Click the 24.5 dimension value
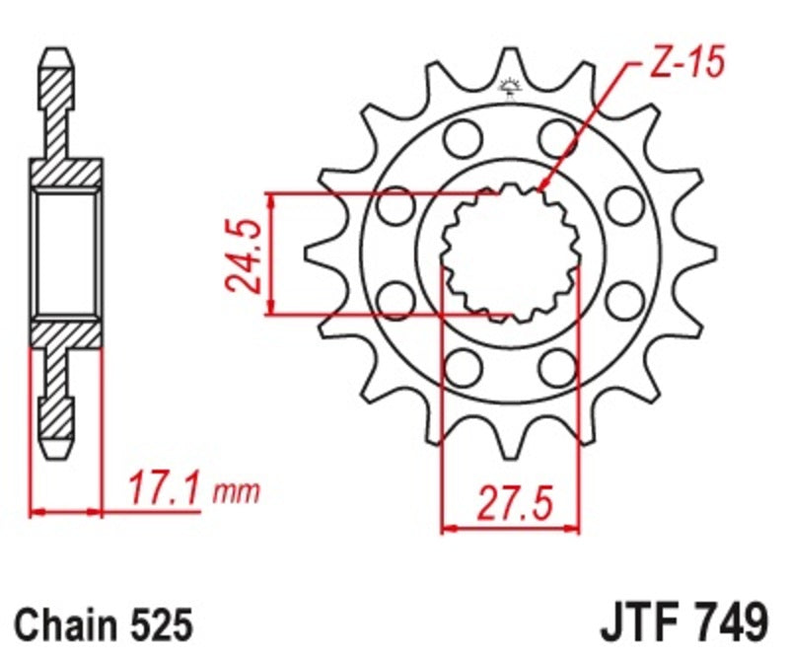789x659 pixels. (242, 256)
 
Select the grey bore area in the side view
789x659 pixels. (66, 252)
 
